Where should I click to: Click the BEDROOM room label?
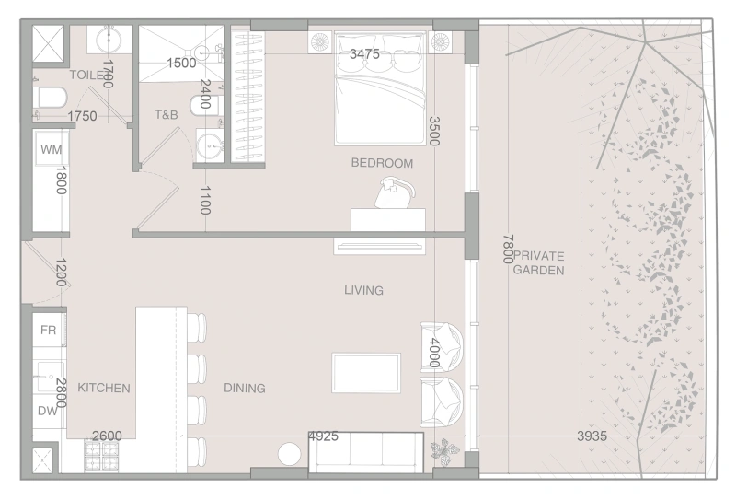[382, 163]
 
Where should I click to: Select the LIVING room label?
[363, 291]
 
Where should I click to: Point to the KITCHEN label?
[103, 389]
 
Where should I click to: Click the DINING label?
[244, 389]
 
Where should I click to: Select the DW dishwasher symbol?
[48, 411]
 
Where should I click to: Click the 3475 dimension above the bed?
[365, 54]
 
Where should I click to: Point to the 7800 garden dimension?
[507, 248]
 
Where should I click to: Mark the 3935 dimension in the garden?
[592, 436]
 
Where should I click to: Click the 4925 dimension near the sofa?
[323, 436]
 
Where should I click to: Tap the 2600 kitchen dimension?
[107, 436]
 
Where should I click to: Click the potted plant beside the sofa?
[448, 451]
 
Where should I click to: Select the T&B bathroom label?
[166, 115]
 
